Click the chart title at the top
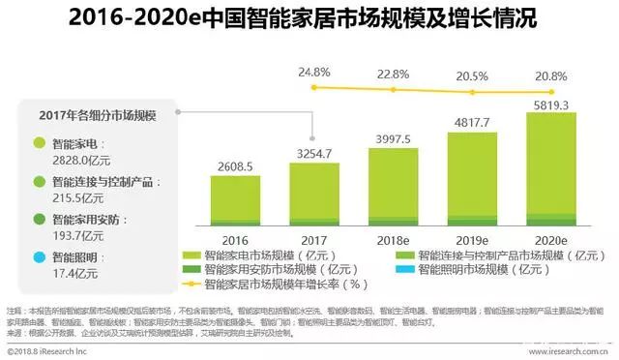click(x=309, y=18)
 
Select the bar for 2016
click(x=237, y=201)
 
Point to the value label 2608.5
click(x=237, y=166)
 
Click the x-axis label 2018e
click(x=393, y=240)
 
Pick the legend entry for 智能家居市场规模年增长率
click(x=276, y=285)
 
